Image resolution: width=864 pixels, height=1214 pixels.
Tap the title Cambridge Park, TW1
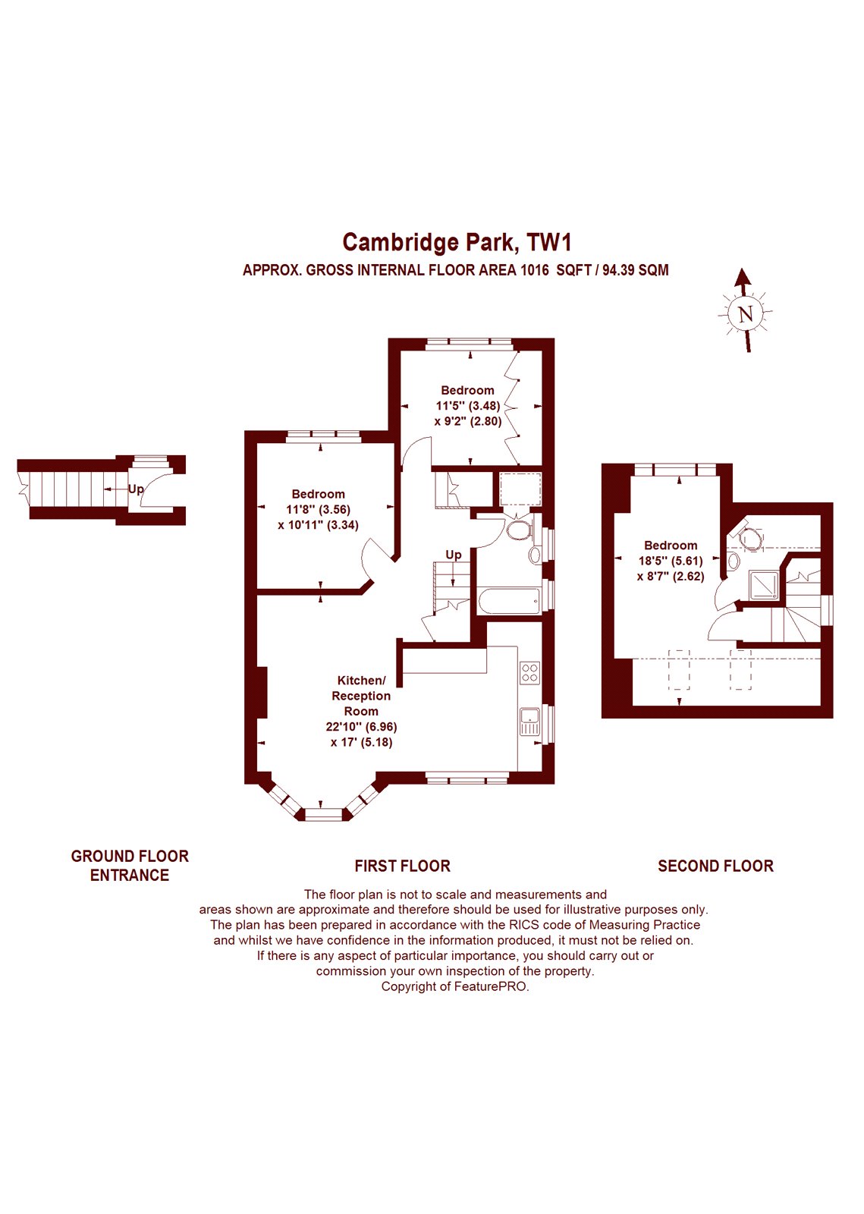click(457, 242)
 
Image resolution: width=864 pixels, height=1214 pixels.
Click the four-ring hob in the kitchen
click(529, 672)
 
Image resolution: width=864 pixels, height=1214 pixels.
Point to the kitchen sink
click(529, 722)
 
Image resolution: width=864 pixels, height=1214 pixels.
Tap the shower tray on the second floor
click(765, 585)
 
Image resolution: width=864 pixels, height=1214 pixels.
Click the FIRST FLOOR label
click(403, 866)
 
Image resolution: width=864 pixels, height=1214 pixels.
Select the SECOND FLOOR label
click(715, 866)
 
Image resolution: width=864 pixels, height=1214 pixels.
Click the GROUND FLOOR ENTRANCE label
click(130, 866)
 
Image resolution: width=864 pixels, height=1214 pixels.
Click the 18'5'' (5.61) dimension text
click(671, 561)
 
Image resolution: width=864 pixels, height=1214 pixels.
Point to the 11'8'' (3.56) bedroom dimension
click(319, 509)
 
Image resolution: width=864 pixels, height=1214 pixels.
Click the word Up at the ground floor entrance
click(136, 489)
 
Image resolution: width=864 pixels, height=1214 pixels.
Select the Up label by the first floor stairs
click(454, 555)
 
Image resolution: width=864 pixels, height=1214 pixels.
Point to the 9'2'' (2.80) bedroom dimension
click(467, 421)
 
